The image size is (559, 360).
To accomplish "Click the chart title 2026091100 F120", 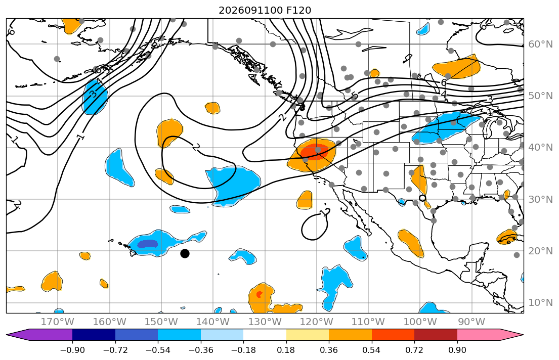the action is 265,10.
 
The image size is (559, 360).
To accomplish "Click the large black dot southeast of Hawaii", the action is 185,253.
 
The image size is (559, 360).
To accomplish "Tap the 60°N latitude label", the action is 540,44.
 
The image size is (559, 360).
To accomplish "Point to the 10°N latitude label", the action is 540,303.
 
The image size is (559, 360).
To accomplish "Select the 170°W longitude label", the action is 58,322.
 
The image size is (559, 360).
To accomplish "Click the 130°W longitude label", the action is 265,322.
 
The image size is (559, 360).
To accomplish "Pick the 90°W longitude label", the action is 471,322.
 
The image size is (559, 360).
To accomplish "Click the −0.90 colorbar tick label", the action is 72,350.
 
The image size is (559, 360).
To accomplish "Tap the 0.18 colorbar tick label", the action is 286,350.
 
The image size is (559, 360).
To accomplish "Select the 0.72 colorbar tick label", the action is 414,350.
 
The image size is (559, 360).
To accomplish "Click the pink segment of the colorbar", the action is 479,335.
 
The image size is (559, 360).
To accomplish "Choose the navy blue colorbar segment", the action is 94,335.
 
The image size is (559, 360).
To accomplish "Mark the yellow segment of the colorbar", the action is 307,335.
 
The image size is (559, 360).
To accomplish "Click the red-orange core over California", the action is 314,151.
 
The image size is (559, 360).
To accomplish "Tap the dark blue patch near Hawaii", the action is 148,244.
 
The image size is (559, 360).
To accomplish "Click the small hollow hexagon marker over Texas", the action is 422,198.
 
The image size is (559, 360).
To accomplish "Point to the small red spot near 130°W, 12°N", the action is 259,294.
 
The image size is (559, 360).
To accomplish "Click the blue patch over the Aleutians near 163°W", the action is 95,97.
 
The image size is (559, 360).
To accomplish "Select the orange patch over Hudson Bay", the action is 456,65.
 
